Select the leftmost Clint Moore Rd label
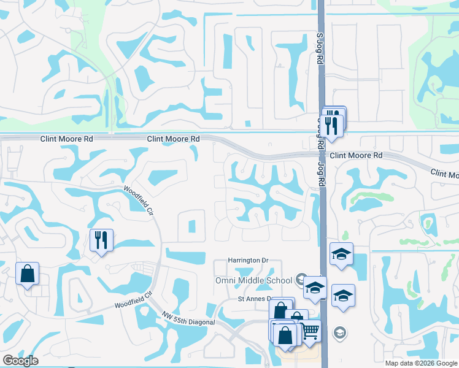coord(67,139)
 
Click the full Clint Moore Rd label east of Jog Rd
coord(356,156)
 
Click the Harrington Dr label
coord(249,261)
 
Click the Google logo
coord(20,361)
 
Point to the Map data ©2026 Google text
coord(420,363)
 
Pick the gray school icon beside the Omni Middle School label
coord(300,279)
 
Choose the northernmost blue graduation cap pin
coord(341,255)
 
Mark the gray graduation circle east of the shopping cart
coord(339,333)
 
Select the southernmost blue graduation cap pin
coord(342,296)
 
